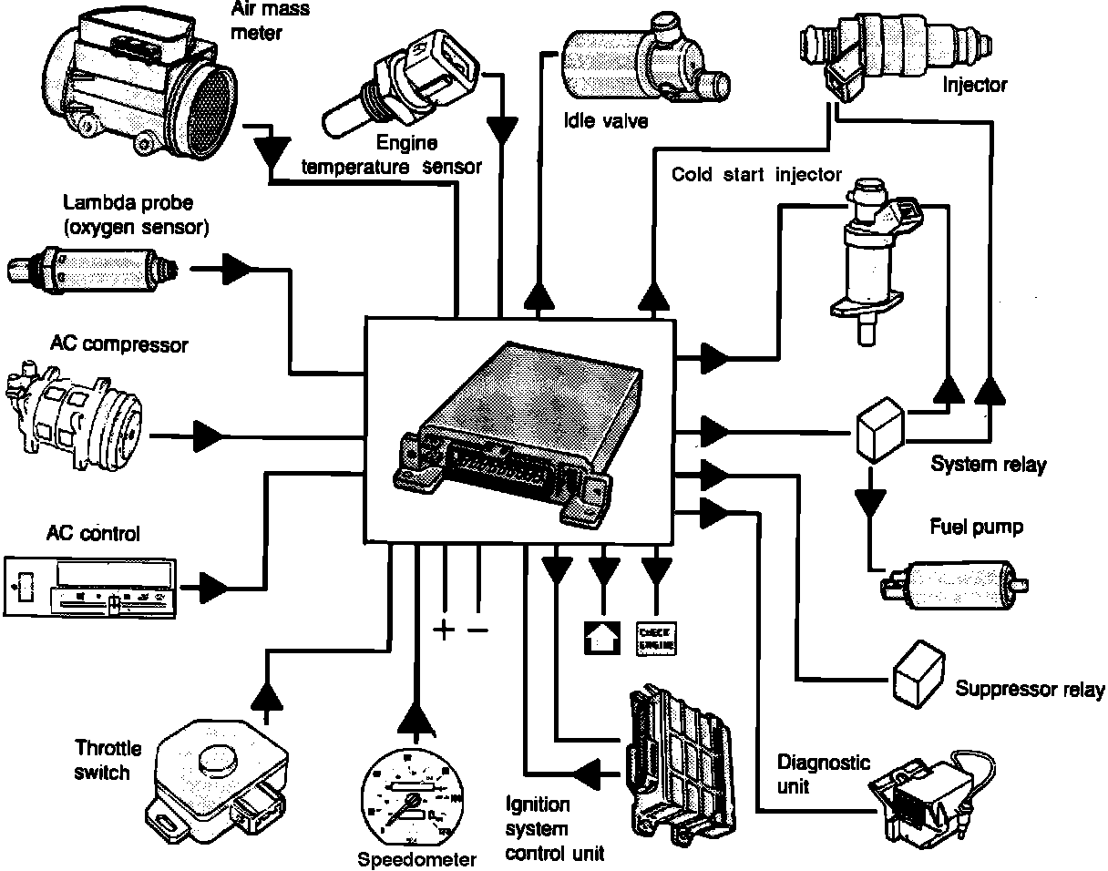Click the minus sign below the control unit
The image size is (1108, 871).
477,630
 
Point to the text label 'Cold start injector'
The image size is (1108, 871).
756,174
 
